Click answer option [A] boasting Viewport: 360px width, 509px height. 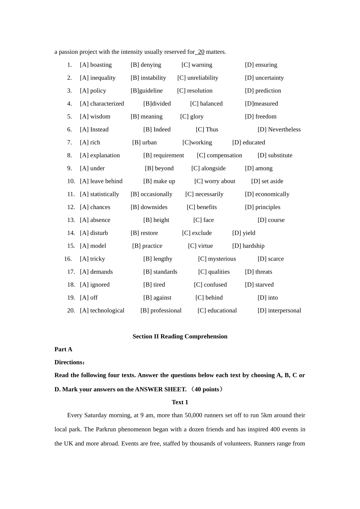tap(95, 65)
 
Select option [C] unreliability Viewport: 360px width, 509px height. tap(197, 78)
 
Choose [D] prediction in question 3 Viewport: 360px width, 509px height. tap(263, 91)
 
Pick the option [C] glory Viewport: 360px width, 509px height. tap(192, 116)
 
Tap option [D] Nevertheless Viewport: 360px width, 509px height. tap(279, 130)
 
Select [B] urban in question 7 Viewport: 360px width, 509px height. tap(144, 142)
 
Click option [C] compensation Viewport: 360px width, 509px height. tap(219, 155)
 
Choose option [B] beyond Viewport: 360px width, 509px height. tap(159, 168)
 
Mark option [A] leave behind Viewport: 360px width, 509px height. tap(101, 181)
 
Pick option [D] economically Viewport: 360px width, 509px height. tap(267, 194)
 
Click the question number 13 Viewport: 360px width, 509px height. tap(71, 220)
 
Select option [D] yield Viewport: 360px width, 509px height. tap(244, 233)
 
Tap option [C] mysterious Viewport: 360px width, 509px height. tap(217, 259)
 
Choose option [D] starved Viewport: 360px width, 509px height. tap(259, 284)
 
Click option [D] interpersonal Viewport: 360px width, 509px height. tap(279, 311)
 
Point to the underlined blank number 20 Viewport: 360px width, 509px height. tap(200, 52)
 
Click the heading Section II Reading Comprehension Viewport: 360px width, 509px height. tap(180, 336)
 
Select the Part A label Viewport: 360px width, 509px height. tap(63, 349)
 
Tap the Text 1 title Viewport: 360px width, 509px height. tap(180, 402)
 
